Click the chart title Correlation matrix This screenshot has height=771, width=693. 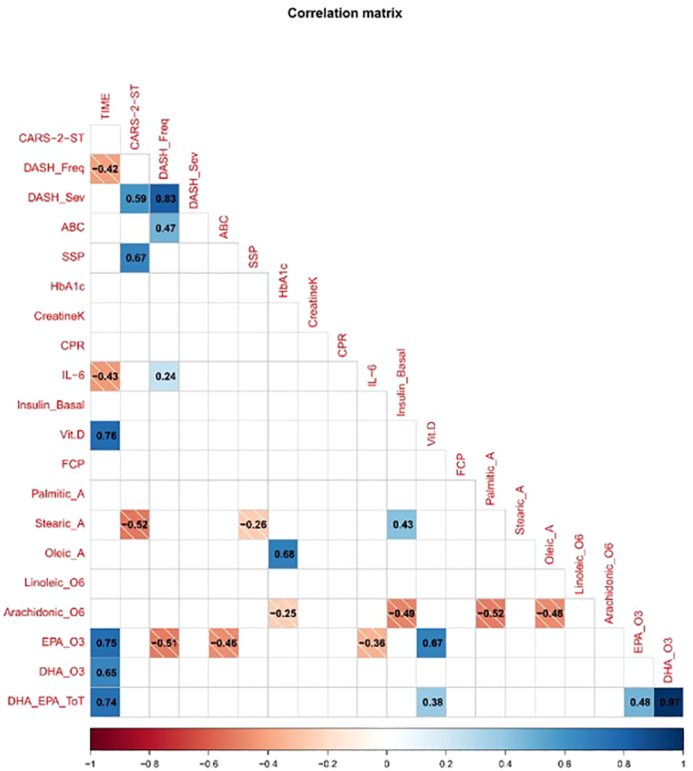point(344,13)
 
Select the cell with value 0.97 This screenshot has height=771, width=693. point(668,702)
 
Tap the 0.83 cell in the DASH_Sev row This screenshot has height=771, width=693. point(165,198)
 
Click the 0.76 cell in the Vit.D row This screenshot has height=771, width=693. point(106,435)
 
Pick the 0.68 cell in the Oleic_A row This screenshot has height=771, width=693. point(283,554)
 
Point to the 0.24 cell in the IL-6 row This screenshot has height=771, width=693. point(165,376)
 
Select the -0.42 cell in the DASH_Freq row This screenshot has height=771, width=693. point(106,169)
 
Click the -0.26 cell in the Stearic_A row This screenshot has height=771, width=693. point(253,524)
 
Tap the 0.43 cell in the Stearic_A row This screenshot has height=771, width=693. point(402,524)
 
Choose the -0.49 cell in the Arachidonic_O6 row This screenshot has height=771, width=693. point(402,613)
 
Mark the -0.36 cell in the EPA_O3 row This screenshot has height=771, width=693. point(372,643)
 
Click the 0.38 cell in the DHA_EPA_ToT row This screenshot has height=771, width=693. point(431,702)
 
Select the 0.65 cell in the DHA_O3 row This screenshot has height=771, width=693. point(106,672)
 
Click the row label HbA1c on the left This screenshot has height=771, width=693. point(67,287)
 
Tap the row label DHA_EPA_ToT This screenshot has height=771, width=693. point(46,701)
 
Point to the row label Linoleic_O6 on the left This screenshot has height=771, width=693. point(54,583)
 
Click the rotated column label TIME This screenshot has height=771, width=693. point(106,107)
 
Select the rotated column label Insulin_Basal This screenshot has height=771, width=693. point(401,383)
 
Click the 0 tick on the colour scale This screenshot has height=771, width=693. point(387,764)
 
